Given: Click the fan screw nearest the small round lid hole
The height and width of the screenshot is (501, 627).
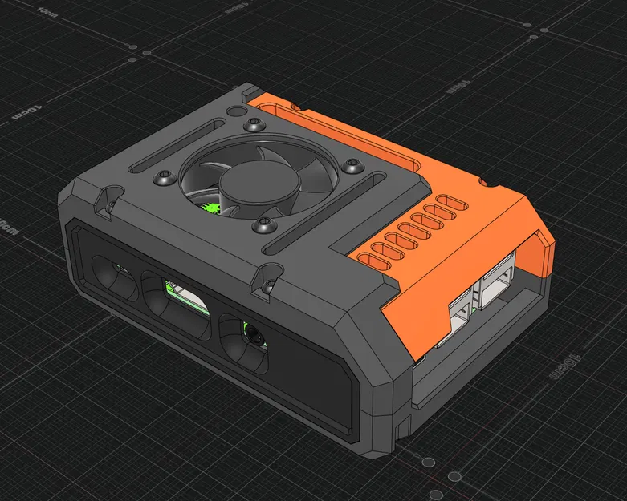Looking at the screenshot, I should [255, 124].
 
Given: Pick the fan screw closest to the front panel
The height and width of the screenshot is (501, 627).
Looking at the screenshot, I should [262, 225].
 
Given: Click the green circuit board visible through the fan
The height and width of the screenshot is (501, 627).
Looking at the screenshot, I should [211, 208].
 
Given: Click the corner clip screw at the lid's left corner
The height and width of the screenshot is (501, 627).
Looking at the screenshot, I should [103, 204].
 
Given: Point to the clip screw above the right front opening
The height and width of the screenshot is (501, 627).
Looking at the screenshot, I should [267, 284].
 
